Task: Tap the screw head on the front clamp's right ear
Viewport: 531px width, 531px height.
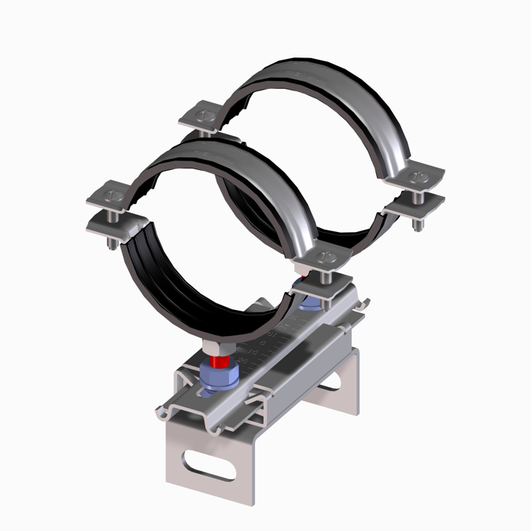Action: (x=323, y=256)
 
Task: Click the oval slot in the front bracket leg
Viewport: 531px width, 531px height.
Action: (x=208, y=463)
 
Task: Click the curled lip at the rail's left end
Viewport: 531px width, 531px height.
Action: (x=165, y=409)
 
